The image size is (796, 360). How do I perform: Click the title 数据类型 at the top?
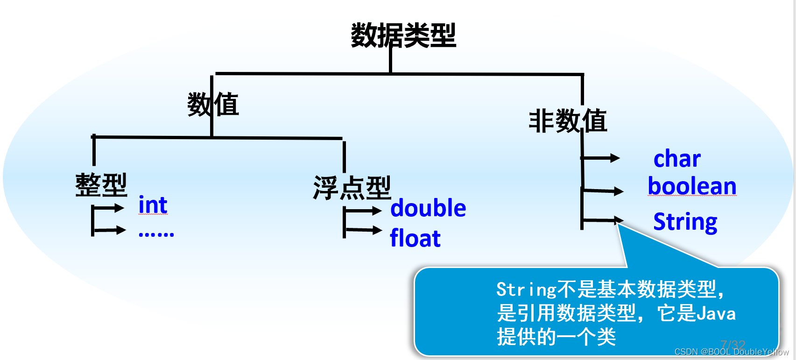pyautogui.click(x=403, y=35)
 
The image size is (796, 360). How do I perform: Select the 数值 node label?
pyautogui.click(x=213, y=104)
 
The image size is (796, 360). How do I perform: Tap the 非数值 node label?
pyautogui.click(x=568, y=121)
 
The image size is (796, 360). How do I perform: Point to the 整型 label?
pyautogui.click(x=101, y=185)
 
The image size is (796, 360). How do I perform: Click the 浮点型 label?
pyautogui.click(x=352, y=188)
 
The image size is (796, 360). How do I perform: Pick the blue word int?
pyautogui.click(x=153, y=205)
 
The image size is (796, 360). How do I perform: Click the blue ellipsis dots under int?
pyautogui.click(x=156, y=234)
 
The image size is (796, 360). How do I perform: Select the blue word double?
pyautogui.click(x=428, y=208)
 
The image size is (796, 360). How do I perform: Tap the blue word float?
pyautogui.click(x=415, y=239)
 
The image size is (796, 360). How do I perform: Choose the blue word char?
pyautogui.click(x=677, y=159)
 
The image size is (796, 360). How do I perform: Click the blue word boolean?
pyautogui.click(x=692, y=186)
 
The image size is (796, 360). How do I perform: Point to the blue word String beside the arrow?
pyautogui.click(x=685, y=222)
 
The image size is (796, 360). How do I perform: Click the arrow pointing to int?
pyautogui.click(x=110, y=208)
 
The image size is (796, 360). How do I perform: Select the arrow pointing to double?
pyautogui.click(x=364, y=211)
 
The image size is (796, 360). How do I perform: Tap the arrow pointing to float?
pyautogui.click(x=364, y=230)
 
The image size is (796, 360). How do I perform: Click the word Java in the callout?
pyautogui.click(x=716, y=313)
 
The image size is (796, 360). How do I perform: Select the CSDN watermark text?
pyautogui.click(x=731, y=352)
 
